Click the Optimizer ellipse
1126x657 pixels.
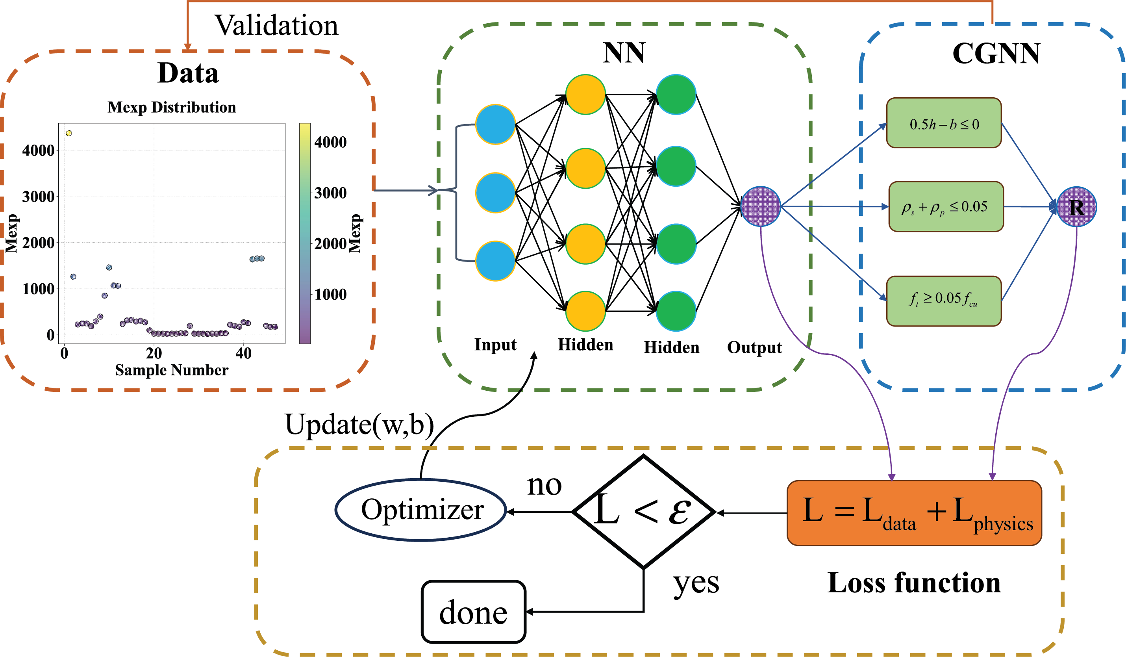(x=421, y=510)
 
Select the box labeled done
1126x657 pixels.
(x=473, y=612)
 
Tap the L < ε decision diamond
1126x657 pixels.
(x=643, y=512)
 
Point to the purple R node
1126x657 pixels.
(x=1076, y=207)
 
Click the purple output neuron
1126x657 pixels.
(x=761, y=206)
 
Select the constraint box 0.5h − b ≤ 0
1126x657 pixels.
(x=944, y=123)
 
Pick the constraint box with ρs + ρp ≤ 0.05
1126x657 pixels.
(x=946, y=206)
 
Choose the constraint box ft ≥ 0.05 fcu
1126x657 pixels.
(x=944, y=301)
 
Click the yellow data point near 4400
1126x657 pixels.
(x=69, y=133)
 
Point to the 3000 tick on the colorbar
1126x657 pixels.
(x=330, y=193)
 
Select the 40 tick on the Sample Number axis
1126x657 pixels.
(x=244, y=354)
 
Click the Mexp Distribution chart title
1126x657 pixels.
(x=172, y=107)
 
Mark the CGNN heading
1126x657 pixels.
(x=996, y=54)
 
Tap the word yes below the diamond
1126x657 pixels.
(x=696, y=583)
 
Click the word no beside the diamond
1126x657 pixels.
(x=544, y=485)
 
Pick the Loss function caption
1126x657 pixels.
(x=914, y=583)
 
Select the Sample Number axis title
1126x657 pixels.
(x=172, y=370)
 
